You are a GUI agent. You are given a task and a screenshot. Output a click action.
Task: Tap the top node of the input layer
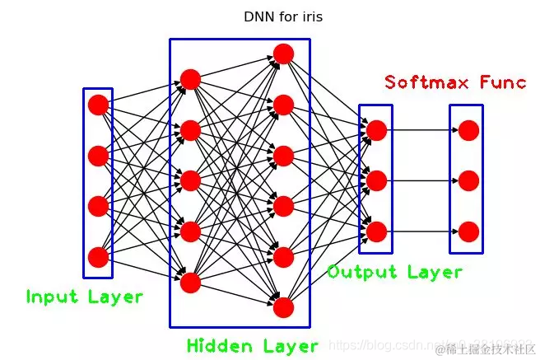98,105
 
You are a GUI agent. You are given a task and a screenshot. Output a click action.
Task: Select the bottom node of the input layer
98,257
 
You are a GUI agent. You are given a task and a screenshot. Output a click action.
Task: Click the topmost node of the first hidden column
191,80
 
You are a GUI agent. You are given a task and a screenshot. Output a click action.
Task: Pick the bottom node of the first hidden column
191,283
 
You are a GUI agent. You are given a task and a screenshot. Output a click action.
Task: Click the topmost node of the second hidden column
284,54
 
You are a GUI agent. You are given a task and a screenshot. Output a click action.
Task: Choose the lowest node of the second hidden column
284,307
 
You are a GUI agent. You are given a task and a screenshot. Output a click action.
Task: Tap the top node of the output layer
377,130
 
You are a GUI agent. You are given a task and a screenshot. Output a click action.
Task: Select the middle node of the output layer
377,180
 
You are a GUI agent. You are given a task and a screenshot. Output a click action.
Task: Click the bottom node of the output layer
377,231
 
